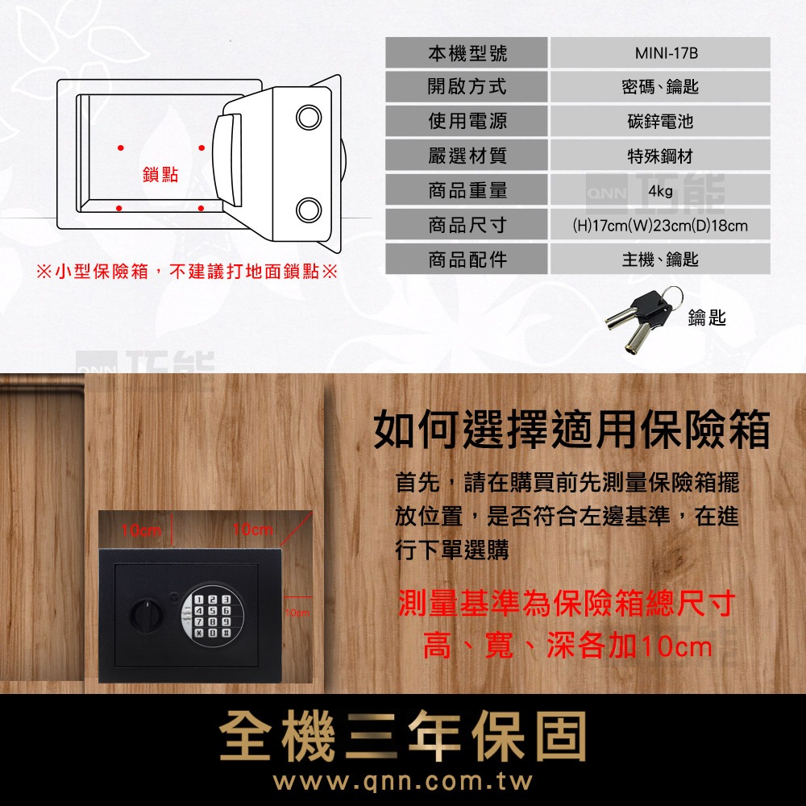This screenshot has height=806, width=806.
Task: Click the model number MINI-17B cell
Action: pyautogui.click(x=660, y=53)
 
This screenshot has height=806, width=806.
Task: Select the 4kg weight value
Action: pyautogui.click(x=660, y=191)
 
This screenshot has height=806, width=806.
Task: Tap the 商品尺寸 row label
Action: pyautogui.click(x=467, y=226)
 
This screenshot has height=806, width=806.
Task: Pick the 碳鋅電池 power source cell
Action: pyautogui.click(x=660, y=122)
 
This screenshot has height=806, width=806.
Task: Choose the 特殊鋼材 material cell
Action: pyautogui.click(x=660, y=156)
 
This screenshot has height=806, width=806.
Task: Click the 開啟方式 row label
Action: pyautogui.click(x=467, y=87)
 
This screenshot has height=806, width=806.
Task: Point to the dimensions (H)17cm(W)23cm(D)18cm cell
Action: pyautogui.click(x=660, y=226)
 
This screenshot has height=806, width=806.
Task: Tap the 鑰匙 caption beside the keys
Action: pyautogui.click(x=707, y=319)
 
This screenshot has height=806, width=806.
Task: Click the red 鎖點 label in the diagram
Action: pyautogui.click(x=160, y=175)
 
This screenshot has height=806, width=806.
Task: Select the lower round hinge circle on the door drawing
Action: pyautogui.click(x=309, y=209)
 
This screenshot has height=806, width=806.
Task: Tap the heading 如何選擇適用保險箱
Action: pyautogui.click(x=571, y=430)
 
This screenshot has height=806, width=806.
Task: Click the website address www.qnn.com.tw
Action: pyautogui.click(x=403, y=782)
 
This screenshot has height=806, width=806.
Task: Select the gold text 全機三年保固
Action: pyautogui.click(x=403, y=737)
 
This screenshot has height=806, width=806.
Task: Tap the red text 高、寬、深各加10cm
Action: pyautogui.click(x=568, y=646)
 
